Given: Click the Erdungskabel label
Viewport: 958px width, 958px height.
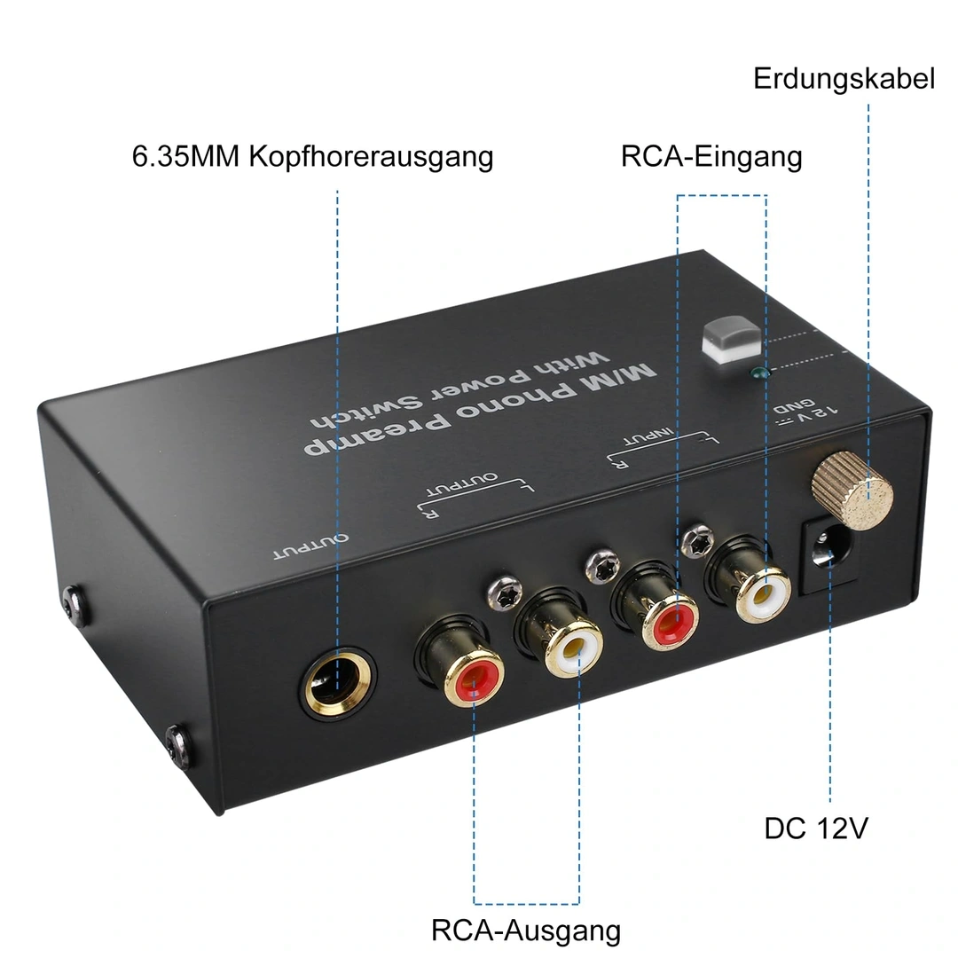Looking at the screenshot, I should click(x=844, y=78).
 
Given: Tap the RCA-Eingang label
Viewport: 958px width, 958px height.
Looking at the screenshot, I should click(x=711, y=156).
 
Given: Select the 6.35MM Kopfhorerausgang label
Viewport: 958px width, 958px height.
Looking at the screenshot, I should click(x=312, y=156).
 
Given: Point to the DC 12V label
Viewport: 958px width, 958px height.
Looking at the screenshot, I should click(x=816, y=828).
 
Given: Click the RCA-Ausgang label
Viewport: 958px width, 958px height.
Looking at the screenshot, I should click(x=526, y=931).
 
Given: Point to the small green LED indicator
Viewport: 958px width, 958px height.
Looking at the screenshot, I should click(x=757, y=373).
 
